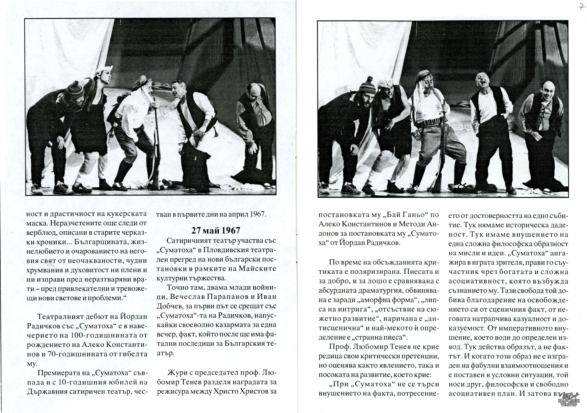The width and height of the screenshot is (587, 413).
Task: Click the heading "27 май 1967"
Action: tap(216, 231)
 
